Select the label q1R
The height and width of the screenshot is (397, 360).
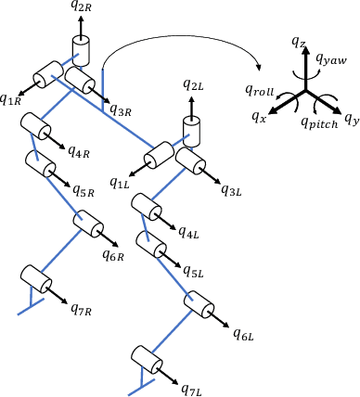point(11,98)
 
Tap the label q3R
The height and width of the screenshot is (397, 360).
point(121,110)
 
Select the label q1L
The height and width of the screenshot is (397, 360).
point(120,184)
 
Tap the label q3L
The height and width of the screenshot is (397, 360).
point(232,190)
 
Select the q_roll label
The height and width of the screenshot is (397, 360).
point(260,89)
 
